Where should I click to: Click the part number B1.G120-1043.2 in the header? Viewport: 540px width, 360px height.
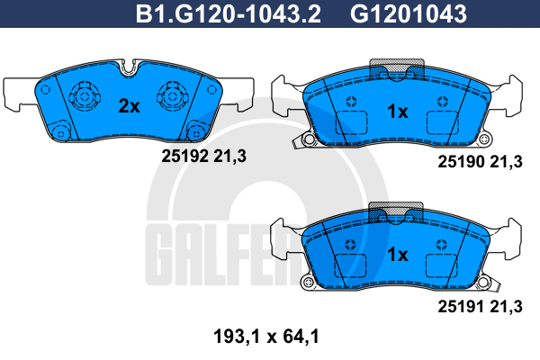click(229, 13)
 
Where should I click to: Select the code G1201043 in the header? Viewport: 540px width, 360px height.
click(409, 13)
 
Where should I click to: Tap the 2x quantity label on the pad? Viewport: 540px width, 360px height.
click(129, 106)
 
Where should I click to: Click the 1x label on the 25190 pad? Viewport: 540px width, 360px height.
click(398, 112)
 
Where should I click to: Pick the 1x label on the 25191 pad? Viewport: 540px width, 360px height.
click(398, 254)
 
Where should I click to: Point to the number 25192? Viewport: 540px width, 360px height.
click(185, 157)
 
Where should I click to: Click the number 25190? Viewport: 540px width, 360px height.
click(461, 162)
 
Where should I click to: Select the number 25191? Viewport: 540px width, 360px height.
click(461, 306)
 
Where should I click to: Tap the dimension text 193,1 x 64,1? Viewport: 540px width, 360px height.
click(266, 337)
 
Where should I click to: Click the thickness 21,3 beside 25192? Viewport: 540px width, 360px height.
click(229, 157)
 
